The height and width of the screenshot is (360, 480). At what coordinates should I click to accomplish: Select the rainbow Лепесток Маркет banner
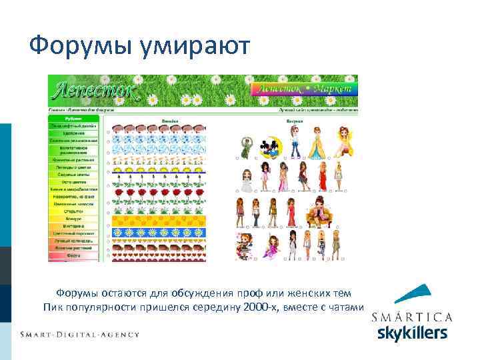coord(303,89)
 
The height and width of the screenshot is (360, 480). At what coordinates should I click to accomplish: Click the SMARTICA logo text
coord(412,317)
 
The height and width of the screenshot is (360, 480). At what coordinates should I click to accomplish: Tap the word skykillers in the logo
coord(412,333)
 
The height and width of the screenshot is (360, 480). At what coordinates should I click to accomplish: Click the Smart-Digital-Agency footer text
coord(79,334)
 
